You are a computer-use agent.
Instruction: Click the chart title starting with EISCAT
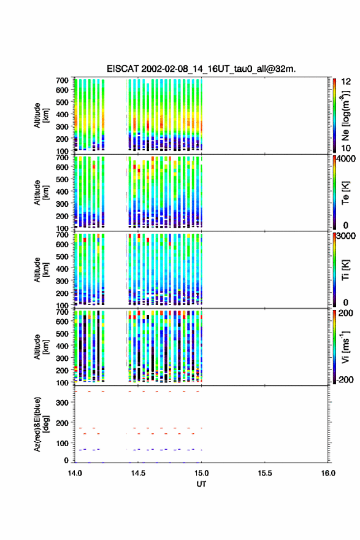point(201,69)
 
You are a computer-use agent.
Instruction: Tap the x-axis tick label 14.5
point(138,473)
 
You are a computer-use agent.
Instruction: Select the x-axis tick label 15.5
point(265,473)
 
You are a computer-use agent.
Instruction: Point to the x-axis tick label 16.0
point(328,473)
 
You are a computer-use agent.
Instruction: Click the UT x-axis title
point(201,484)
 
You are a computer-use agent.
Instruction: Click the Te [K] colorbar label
point(345,193)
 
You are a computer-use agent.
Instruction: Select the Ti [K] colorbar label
point(345,270)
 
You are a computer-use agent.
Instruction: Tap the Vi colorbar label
point(345,347)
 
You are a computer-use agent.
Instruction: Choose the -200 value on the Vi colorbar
point(345,379)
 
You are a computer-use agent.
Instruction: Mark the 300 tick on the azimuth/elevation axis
point(62,403)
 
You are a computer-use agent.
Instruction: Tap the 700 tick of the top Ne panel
point(62,80)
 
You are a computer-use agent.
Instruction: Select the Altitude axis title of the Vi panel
point(41,347)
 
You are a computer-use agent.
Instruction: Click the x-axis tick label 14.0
point(75,473)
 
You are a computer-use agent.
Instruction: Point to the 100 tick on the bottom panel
point(62,444)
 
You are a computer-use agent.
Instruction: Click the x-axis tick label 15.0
point(201,473)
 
